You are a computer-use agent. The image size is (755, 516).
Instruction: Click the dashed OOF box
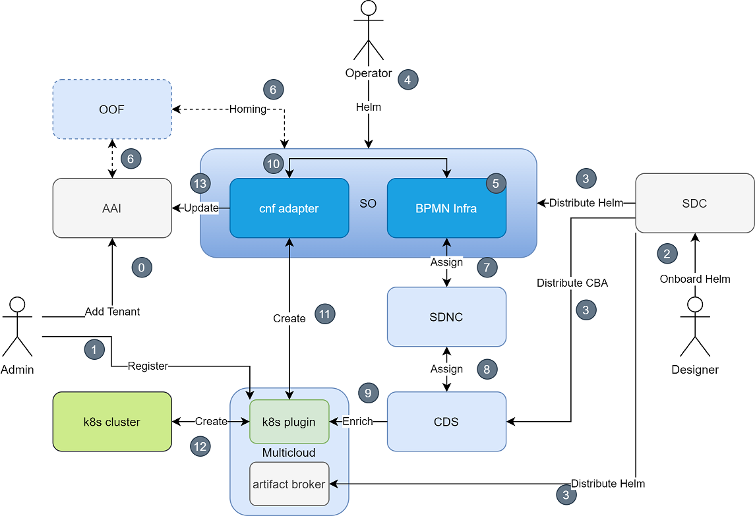112,109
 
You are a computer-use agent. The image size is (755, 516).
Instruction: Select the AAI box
112,208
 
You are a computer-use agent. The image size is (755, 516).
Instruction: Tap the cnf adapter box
289,208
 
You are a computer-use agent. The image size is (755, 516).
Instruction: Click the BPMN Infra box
447,208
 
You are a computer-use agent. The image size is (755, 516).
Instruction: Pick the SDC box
695,203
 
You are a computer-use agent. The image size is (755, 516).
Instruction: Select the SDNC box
447,317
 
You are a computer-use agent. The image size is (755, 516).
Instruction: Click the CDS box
447,422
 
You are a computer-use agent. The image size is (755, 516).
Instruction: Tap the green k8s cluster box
112,422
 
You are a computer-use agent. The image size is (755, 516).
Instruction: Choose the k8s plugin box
289,422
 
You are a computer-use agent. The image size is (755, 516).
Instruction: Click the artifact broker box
289,484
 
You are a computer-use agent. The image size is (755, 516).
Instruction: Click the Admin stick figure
17,326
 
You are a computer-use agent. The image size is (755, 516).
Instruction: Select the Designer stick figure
695,326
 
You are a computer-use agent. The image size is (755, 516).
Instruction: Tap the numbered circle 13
200,183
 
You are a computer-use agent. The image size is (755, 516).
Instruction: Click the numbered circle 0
142,268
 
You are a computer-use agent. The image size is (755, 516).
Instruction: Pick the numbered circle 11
325,314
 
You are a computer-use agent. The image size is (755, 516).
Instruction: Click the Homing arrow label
247,109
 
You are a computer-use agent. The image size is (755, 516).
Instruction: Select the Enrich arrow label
358,422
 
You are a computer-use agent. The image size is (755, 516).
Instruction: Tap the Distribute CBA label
572,283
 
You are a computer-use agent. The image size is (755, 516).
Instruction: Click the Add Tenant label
112,312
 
